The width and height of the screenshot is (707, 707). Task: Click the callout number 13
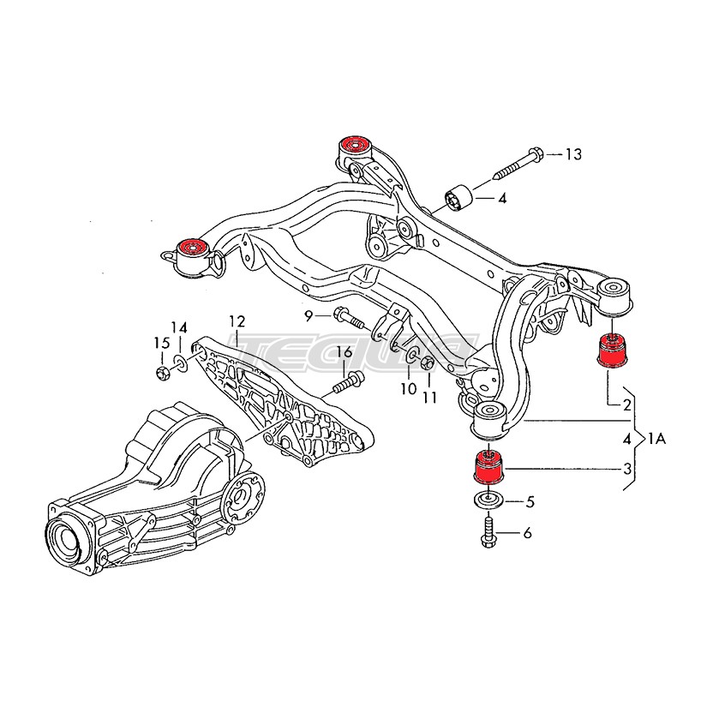pyautogui.click(x=572, y=154)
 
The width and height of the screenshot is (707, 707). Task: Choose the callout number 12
pyautogui.click(x=237, y=322)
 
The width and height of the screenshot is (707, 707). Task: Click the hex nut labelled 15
pyautogui.click(x=162, y=371)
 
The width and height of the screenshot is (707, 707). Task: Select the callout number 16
pyautogui.click(x=343, y=352)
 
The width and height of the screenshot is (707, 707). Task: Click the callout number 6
pyautogui.click(x=527, y=533)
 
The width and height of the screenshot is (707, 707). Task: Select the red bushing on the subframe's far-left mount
pyautogui.click(x=193, y=249)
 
